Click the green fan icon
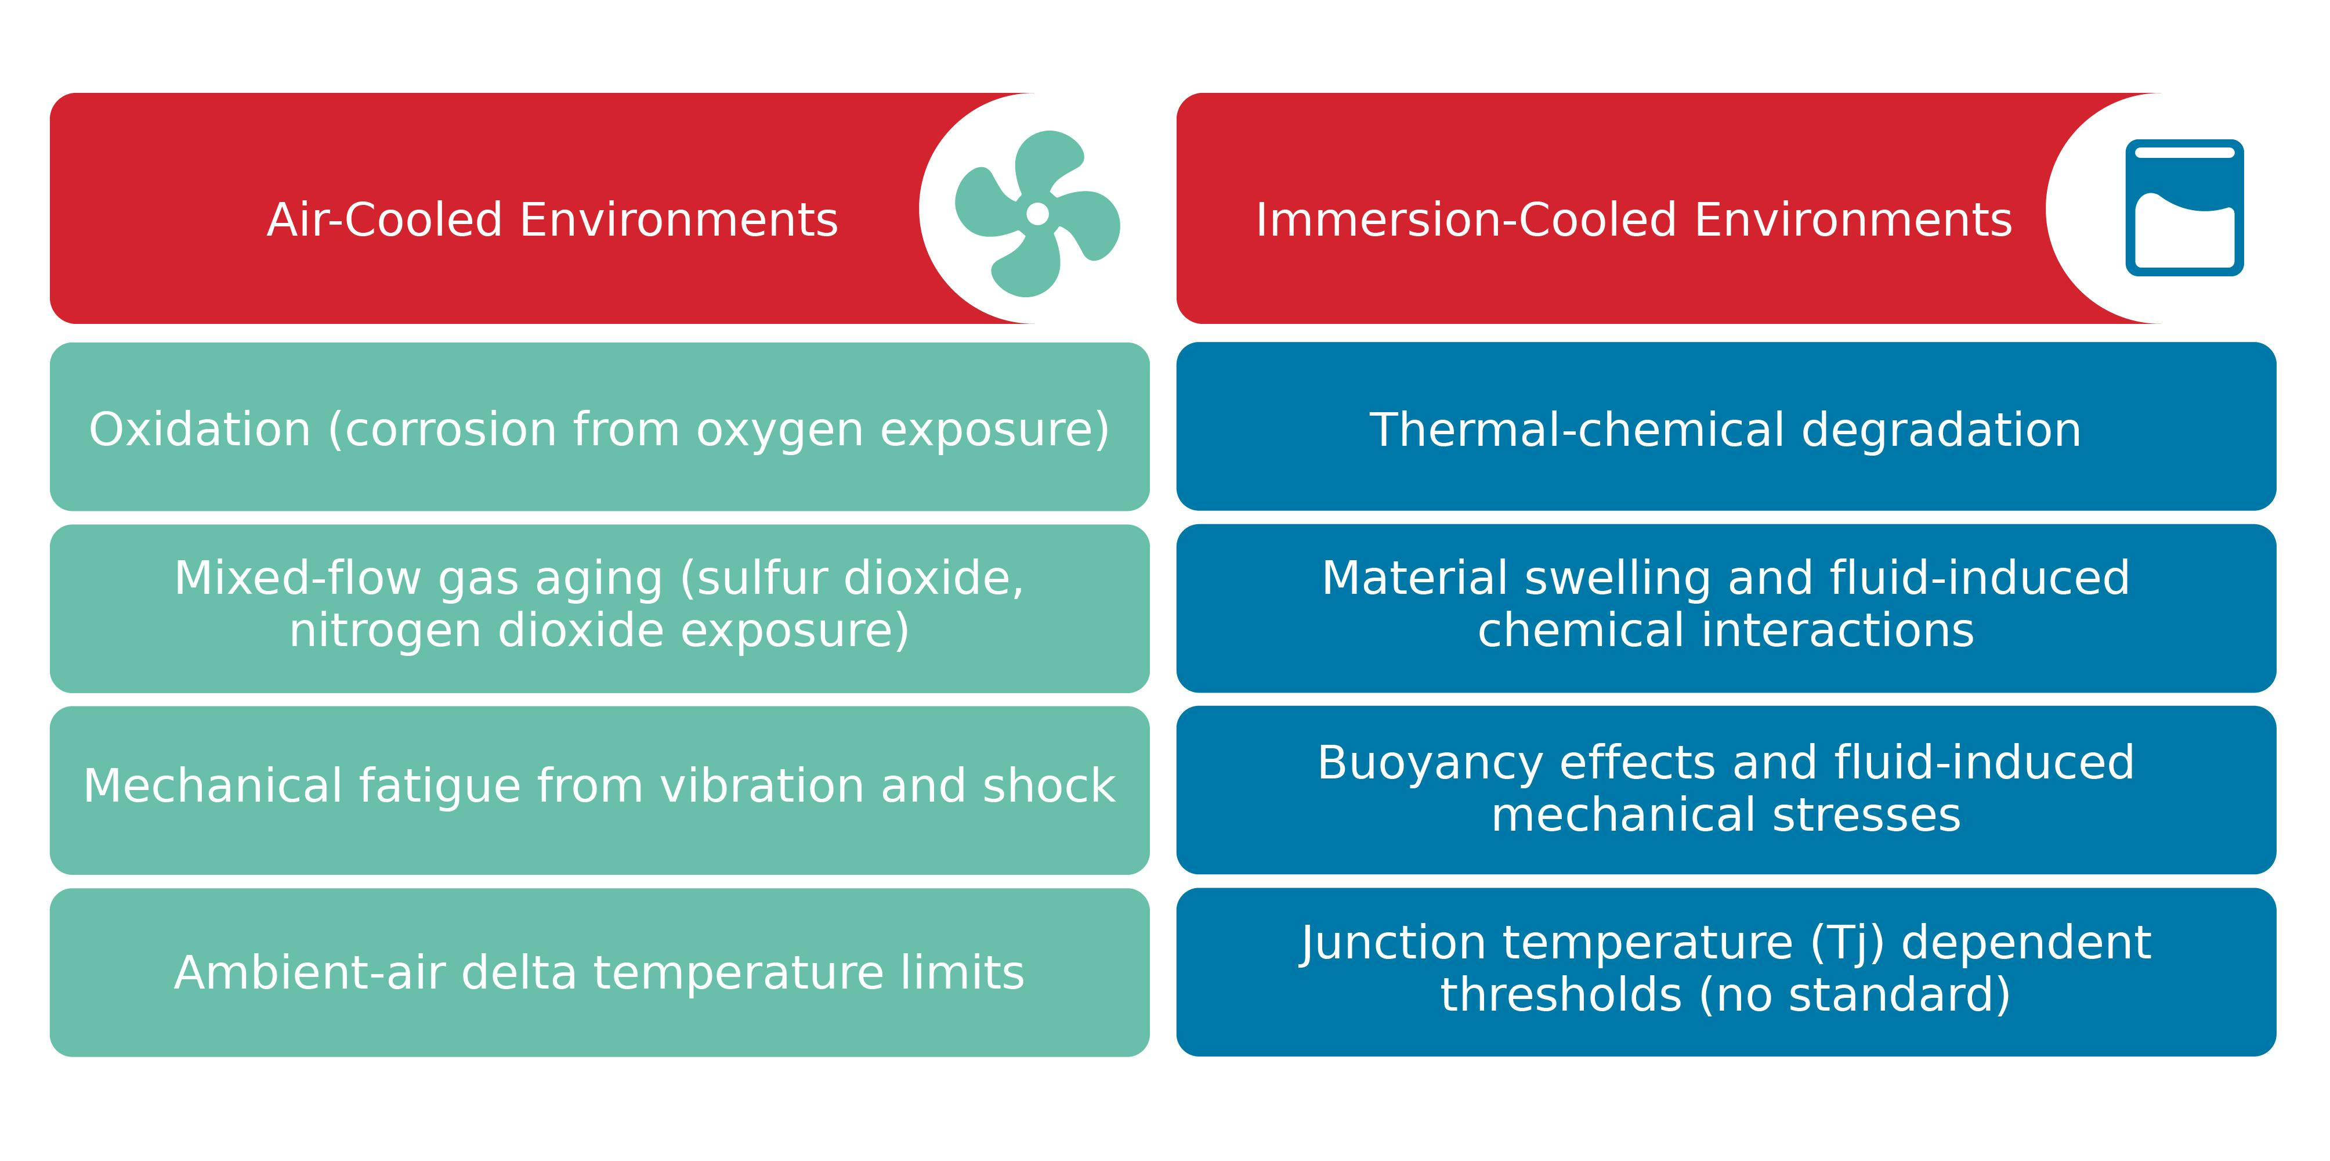1037,214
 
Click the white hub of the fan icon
1037,214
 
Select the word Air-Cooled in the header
385,220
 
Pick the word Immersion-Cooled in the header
1466,220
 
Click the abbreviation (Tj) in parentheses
1848,943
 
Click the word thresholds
1561,994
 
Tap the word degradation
1941,429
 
